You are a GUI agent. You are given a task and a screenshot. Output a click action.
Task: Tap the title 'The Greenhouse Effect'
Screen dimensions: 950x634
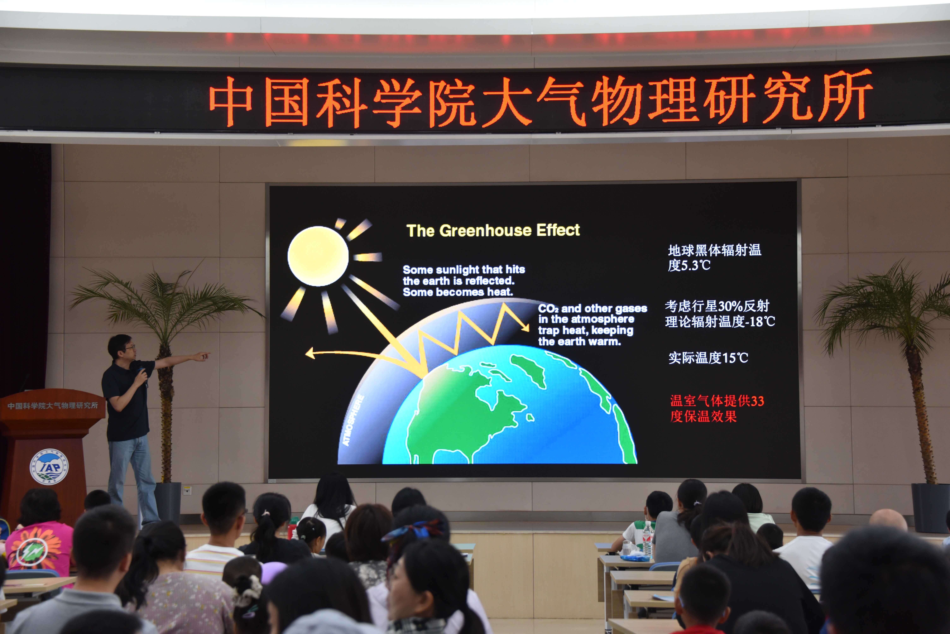pos(493,230)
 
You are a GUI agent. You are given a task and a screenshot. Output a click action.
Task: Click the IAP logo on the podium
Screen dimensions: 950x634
pos(49,467)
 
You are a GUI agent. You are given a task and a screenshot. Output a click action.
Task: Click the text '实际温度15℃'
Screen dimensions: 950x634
pos(708,358)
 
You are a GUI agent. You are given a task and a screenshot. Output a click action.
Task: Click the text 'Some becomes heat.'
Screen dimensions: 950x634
pos(458,292)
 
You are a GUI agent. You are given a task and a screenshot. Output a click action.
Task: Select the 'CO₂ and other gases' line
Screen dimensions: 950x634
pos(592,308)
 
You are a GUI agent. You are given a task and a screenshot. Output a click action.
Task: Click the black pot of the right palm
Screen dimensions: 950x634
pos(930,507)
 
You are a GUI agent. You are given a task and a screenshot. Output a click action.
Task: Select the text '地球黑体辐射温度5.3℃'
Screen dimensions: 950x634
pos(714,258)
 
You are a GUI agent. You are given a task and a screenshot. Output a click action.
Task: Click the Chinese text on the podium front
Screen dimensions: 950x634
pos(53,405)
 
